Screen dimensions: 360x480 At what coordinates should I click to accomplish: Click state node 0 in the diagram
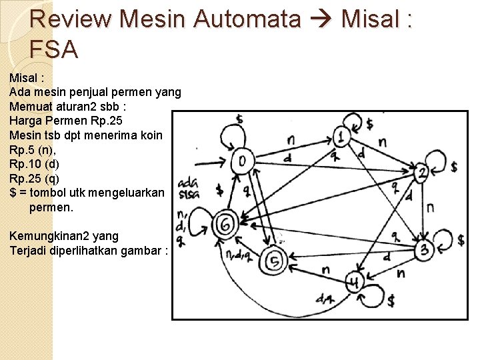click(x=242, y=161)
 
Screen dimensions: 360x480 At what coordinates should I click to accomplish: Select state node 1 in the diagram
click(x=341, y=137)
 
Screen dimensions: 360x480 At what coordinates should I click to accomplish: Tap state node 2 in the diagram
click(x=421, y=173)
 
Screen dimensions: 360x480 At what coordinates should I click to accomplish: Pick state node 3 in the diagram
click(x=424, y=250)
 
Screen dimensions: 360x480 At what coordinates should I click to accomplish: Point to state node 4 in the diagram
click(x=355, y=283)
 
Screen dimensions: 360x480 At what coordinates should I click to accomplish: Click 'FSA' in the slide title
click(x=54, y=49)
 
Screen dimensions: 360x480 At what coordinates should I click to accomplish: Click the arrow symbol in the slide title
click(x=321, y=19)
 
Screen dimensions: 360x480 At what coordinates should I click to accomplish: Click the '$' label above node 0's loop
click(x=239, y=120)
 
